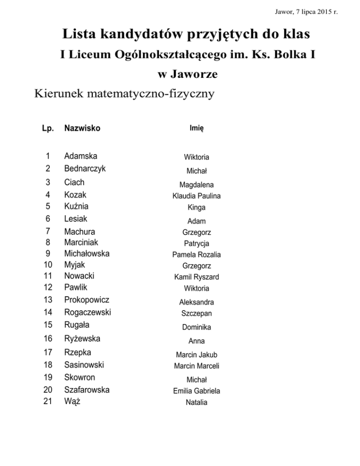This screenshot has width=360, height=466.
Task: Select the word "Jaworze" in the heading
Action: (x=186, y=74)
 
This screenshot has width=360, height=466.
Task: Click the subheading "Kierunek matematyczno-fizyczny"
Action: (x=124, y=94)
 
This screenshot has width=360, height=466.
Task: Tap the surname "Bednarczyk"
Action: (x=85, y=168)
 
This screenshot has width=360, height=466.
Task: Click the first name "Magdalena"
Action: (x=196, y=185)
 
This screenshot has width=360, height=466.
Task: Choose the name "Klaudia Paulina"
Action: (x=196, y=196)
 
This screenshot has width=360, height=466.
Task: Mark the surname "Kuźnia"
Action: (x=76, y=206)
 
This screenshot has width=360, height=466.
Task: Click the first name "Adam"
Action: (x=196, y=221)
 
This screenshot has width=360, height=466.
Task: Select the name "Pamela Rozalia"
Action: (x=196, y=255)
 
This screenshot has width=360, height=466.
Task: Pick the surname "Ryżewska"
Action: (x=82, y=338)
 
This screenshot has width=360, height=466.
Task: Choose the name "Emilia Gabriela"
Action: (x=196, y=391)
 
